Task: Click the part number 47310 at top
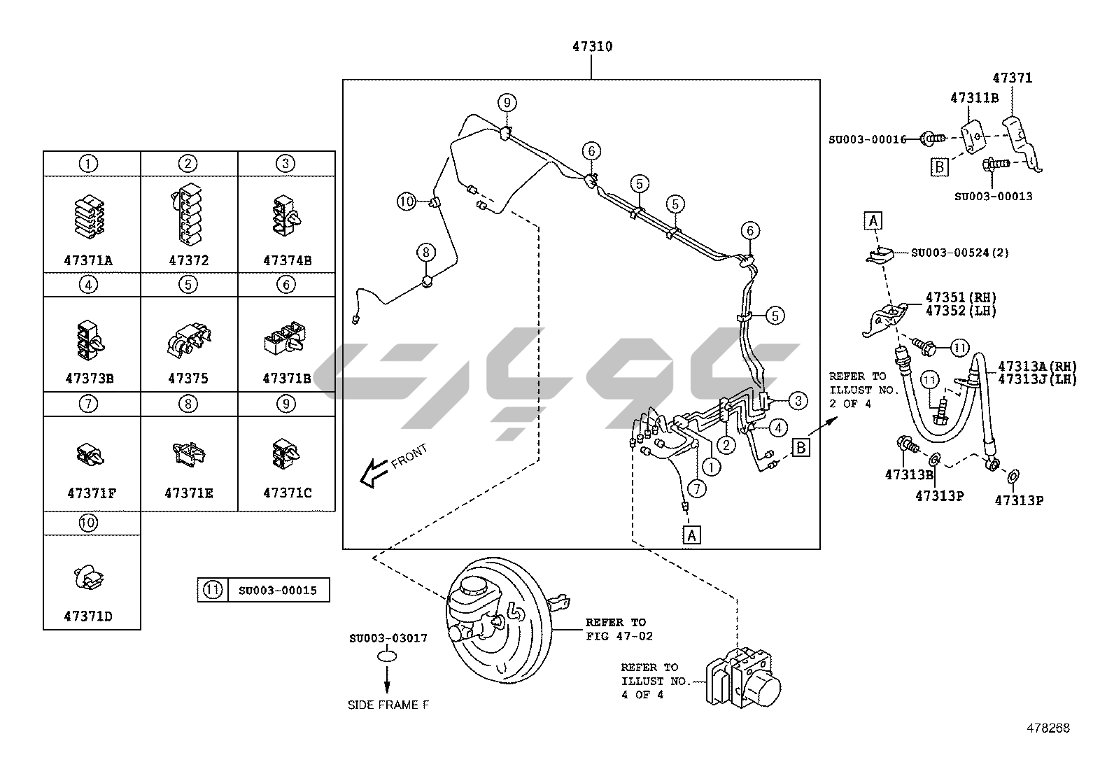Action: pos(592,47)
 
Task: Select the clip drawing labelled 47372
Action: pos(188,214)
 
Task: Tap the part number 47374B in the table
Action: pos(287,260)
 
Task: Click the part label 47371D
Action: pos(88,616)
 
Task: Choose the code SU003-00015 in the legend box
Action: pos(277,591)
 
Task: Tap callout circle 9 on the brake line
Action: pos(507,103)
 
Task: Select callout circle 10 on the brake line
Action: pos(407,202)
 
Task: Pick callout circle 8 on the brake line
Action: pos(425,251)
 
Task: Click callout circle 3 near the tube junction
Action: pos(798,400)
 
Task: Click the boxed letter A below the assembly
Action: pos(691,535)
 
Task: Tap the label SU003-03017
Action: pos(388,638)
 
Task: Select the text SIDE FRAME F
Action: pos(388,705)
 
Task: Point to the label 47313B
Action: pos(909,474)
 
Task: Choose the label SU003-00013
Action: pos(993,197)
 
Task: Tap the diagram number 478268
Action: pos(1048,728)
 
